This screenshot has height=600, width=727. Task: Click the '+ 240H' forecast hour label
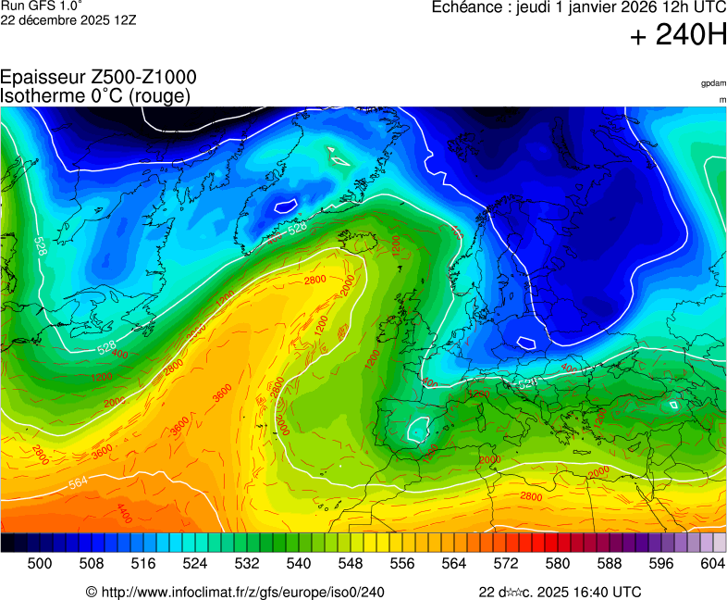[677, 36]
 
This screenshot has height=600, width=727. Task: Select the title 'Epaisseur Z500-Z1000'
[98, 78]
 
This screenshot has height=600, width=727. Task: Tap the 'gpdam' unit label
[713, 83]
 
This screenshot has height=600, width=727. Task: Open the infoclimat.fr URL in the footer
[241, 592]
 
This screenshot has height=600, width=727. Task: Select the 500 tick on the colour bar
[40, 562]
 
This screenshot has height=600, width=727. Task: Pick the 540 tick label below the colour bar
[299, 562]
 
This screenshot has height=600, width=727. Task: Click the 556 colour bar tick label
[402, 562]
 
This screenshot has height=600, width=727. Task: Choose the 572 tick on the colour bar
[506, 562]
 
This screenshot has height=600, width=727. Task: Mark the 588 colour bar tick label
[610, 562]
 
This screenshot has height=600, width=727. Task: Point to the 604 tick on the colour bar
[712, 562]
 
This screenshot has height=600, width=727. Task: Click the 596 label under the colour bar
[661, 562]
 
